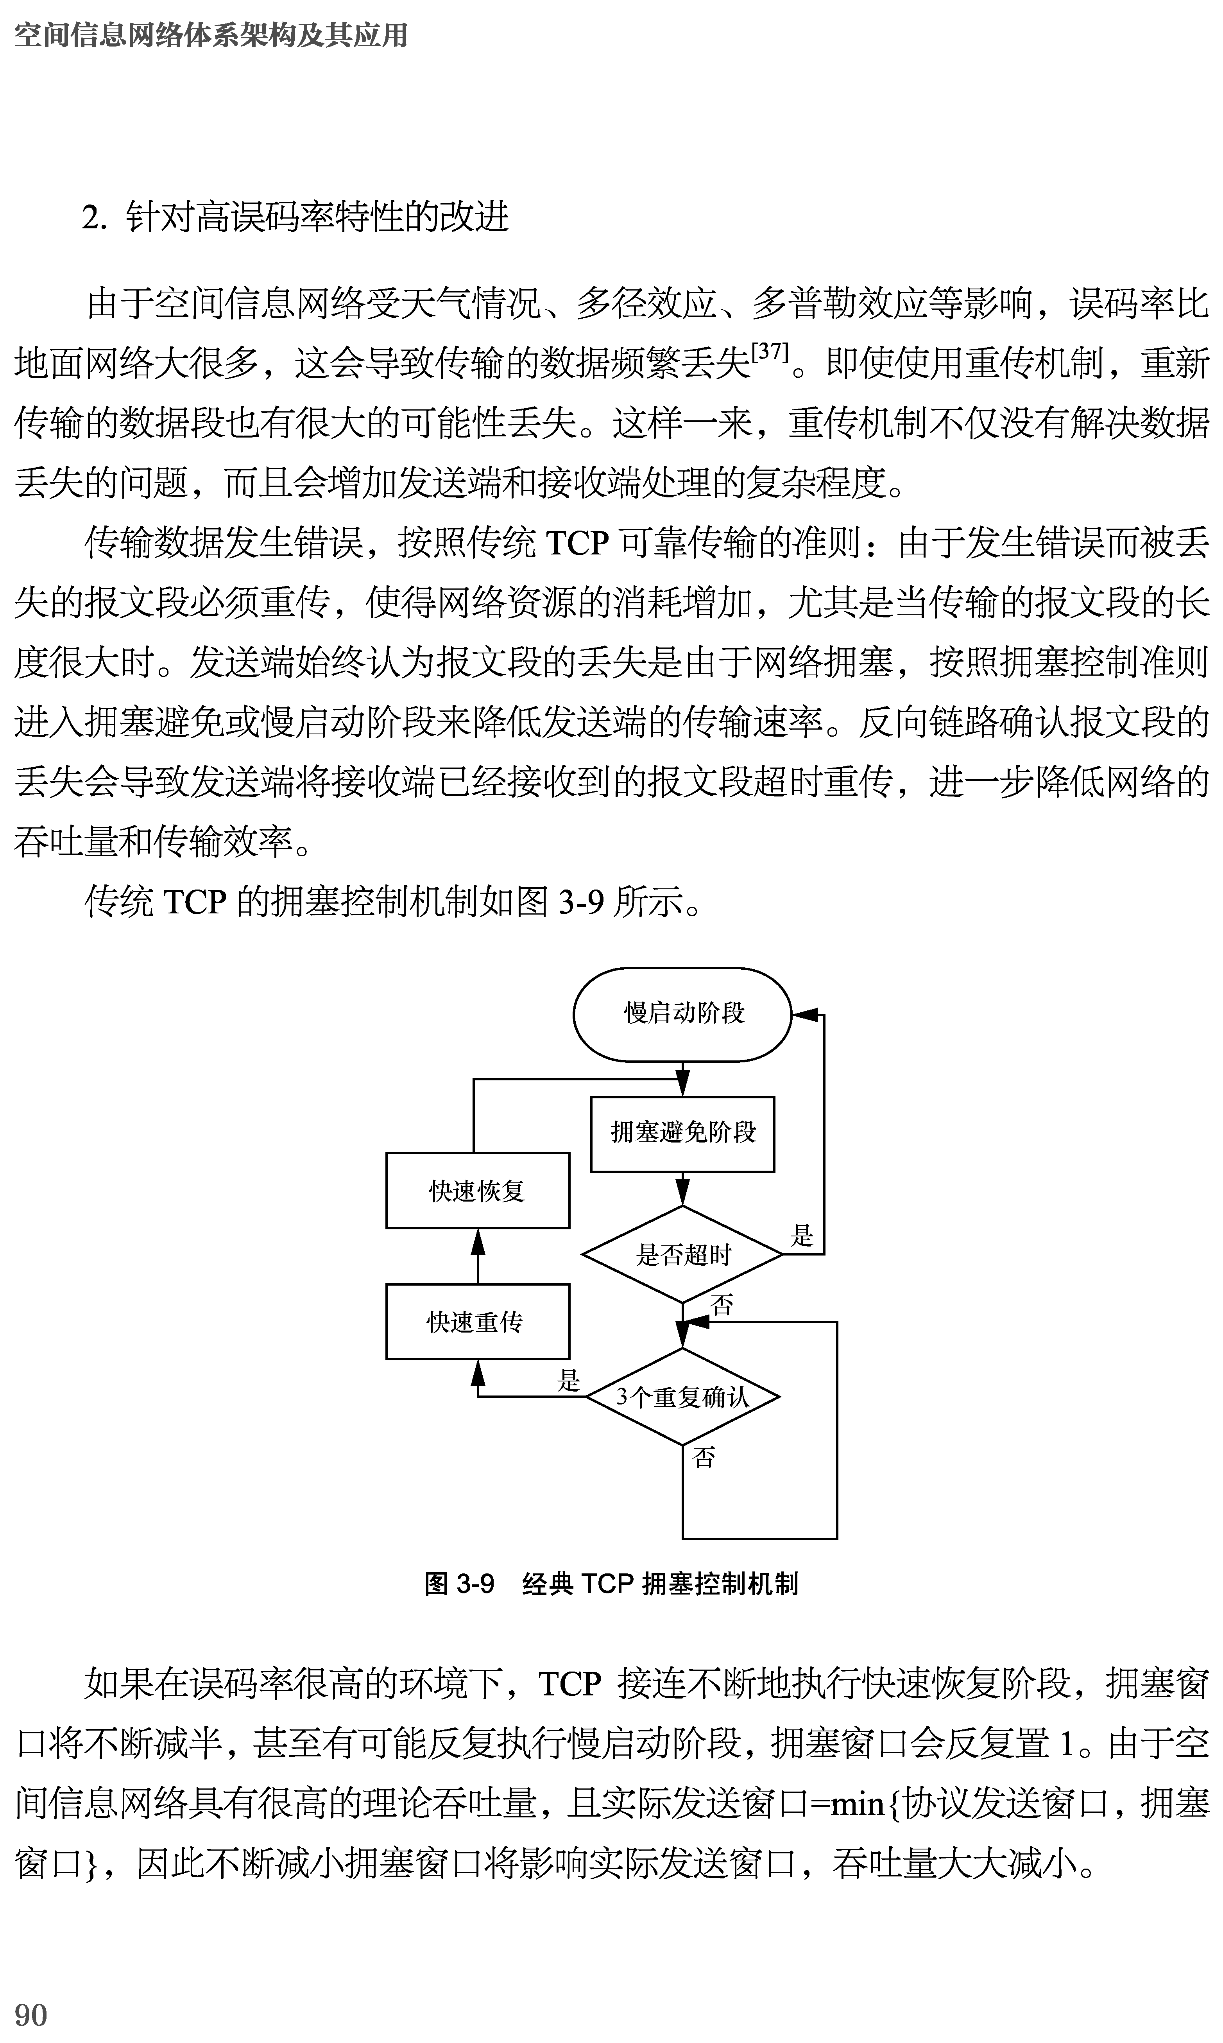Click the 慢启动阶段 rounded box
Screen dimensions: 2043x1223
[682, 1014]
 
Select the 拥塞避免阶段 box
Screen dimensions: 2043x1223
[682, 1134]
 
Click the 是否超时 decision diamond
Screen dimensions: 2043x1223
[682, 1255]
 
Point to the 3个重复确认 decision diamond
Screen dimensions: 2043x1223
[682, 1397]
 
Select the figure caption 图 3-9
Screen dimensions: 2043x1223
[459, 1584]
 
